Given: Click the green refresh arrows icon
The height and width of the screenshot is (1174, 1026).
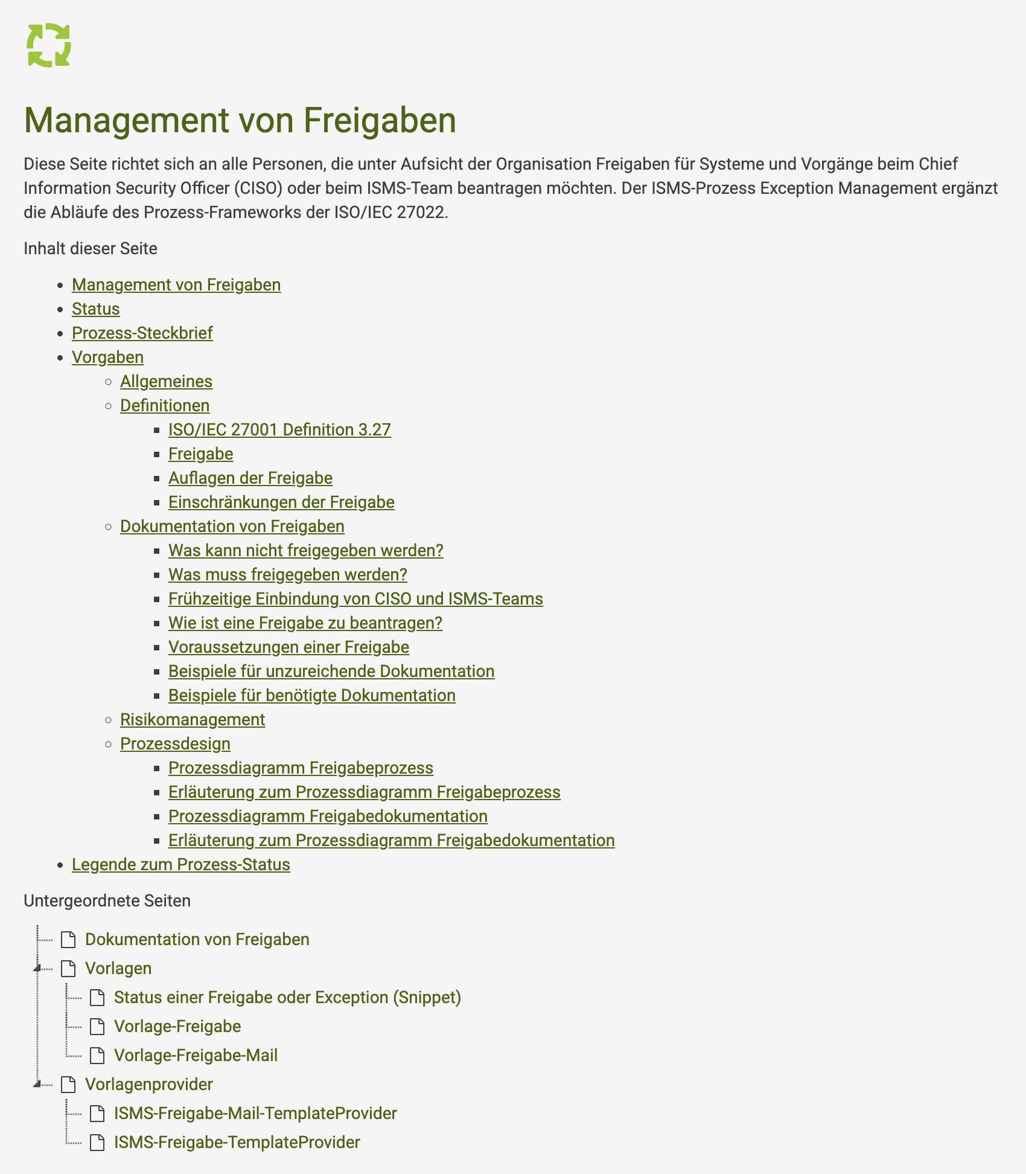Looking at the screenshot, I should [x=49, y=45].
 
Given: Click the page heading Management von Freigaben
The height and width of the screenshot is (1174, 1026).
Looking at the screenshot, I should [x=240, y=120].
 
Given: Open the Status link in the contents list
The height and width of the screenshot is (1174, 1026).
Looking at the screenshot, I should [x=95, y=309].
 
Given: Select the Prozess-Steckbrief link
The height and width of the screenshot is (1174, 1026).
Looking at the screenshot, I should [x=142, y=333].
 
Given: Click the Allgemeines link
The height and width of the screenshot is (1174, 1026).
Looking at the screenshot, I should [x=166, y=381].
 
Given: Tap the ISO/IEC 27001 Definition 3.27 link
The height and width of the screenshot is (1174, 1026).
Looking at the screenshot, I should [x=279, y=429].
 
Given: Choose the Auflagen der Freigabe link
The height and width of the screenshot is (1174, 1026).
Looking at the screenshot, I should [x=250, y=478].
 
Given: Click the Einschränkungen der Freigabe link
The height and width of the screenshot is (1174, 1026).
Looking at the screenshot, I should [x=281, y=502].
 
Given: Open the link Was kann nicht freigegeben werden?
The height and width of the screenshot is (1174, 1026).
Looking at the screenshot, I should [x=305, y=550].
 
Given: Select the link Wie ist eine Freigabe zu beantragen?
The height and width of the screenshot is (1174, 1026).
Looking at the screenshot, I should [x=305, y=623].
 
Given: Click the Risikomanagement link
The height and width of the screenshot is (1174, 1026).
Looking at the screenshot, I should [x=193, y=719].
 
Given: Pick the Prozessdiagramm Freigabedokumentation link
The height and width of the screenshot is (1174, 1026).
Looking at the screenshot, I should [x=328, y=816].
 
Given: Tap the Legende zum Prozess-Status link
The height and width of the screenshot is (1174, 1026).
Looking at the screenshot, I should [x=180, y=864].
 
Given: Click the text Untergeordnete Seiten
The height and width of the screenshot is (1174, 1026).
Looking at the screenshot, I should [x=107, y=900].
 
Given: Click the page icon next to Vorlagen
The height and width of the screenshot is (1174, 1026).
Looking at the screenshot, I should [x=69, y=969].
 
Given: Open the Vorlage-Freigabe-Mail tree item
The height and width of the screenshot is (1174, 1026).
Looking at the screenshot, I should [x=196, y=1055].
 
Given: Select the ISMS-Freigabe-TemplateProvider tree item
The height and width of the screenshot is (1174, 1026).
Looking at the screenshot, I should [x=237, y=1142].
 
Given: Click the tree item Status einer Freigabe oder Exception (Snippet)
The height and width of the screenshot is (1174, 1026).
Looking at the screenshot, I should [x=287, y=997].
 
